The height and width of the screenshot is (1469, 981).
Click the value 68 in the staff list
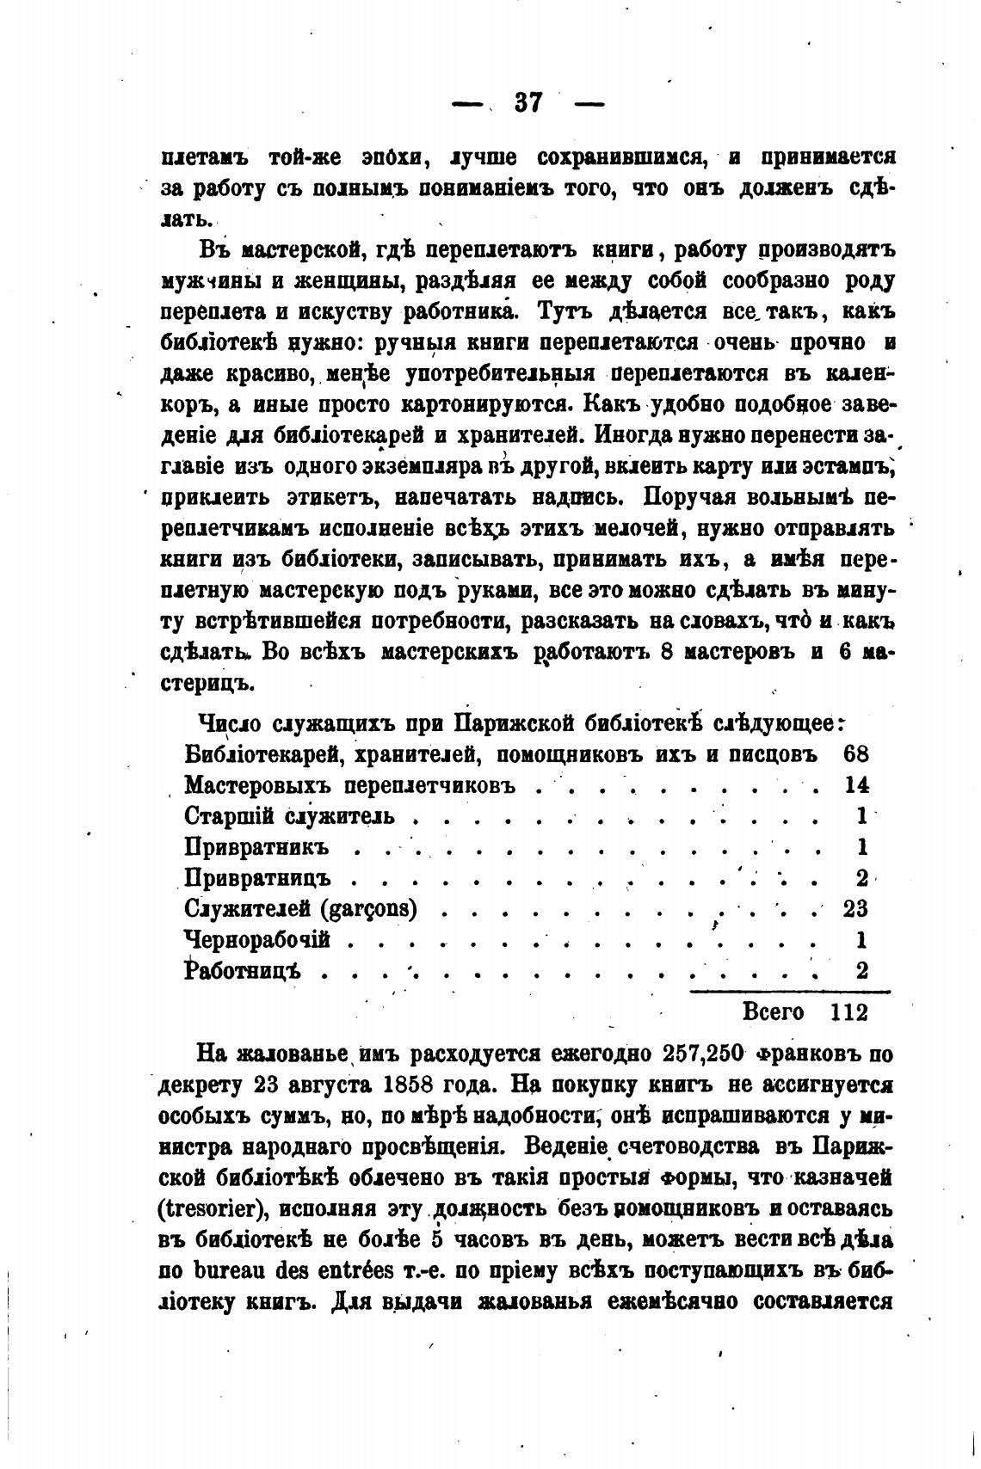pyautogui.click(x=855, y=753)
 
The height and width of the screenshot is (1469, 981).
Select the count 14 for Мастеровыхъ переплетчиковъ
pyautogui.click(x=855, y=784)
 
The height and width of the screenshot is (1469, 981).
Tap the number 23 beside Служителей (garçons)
pyautogui.click(x=855, y=908)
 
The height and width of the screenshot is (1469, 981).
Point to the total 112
pyautogui.click(x=849, y=1011)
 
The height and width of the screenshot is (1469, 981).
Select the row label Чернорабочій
pyautogui.click(x=257, y=939)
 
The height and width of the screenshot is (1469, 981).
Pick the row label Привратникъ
pyautogui.click(x=257, y=846)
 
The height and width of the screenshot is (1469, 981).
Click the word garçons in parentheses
pyautogui.click(x=369, y=909)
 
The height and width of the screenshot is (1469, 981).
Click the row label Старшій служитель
pyautogui.click(x=289, y=815)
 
